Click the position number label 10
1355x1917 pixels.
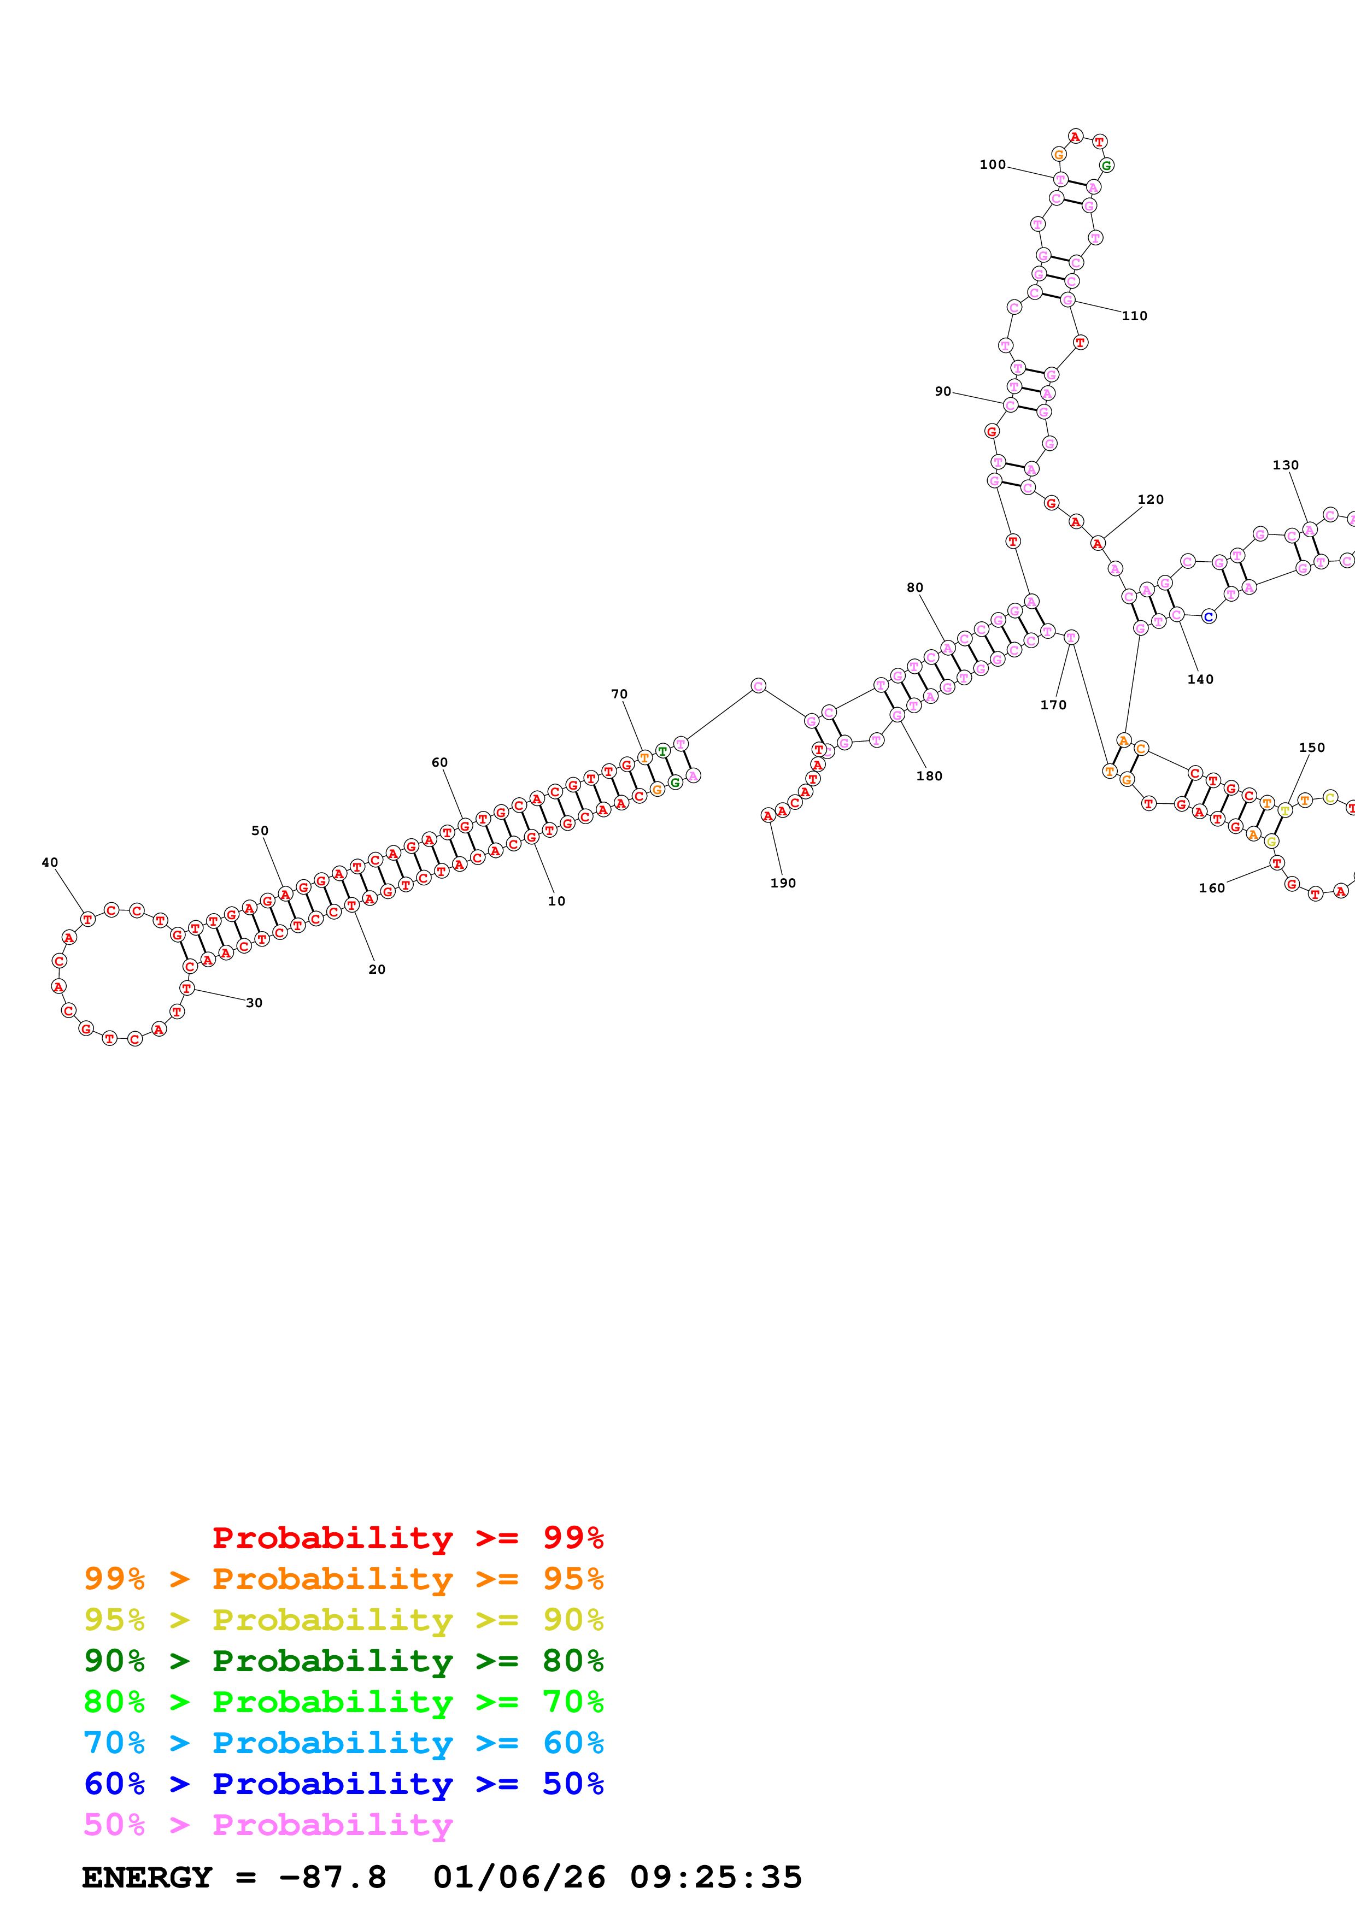coord(556,901)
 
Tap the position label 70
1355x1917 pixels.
coord(619,694)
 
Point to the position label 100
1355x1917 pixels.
coord(992,164)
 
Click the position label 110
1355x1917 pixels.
coord(1134,316)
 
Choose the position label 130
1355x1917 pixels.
coord(1285,465)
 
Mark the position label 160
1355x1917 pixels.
coord(1211,887)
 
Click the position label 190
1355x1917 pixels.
coord(782,883)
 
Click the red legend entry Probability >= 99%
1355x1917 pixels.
coord(407,1537)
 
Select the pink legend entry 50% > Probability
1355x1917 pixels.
coord(267,1824)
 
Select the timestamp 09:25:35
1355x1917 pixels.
coord(715,1877)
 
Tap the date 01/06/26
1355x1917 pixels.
coord(519,1877)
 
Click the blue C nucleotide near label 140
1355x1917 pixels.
coord(1208,617)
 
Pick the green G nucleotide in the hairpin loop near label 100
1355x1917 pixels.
coord(1106,166)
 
